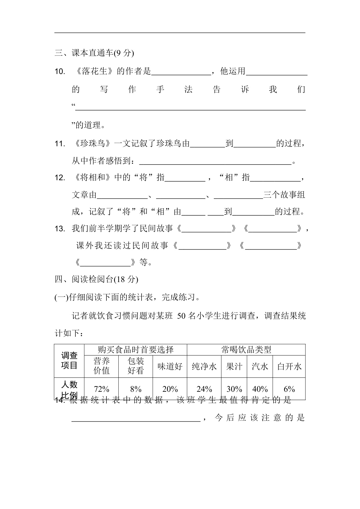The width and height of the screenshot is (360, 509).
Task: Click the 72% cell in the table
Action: (x=102, y=389)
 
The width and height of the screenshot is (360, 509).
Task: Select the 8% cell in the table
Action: (x=136, y=389)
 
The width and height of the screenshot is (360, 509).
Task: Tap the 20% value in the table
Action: (x=170, y=389)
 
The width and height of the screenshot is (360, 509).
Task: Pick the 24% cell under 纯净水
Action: (x=204, y=389)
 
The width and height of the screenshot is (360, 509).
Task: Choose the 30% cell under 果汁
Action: (x=234, y=389)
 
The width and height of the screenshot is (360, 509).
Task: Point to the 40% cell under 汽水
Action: (x=260, y=389)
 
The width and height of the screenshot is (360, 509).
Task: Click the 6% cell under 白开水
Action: (x=289, y=389)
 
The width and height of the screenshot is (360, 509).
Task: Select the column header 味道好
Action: (x=170, y=367)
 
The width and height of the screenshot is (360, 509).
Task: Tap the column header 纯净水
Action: (x=204, y=367)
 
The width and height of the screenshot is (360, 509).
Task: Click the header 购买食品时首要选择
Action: (x=136, y=350)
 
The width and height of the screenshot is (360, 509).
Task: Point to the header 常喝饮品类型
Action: (x=246, y=350)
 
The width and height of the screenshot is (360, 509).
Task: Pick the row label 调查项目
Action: (x=69, y=360)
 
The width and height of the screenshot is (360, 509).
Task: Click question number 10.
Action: (x=60, y=72)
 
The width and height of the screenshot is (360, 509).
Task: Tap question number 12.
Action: (x=60, y=178)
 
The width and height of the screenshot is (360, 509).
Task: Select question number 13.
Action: (x=60, y=229)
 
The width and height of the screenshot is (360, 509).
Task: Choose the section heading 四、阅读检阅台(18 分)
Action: (x=96, y=279)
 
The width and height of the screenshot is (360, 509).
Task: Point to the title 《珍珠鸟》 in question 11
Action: (x=93, y=143)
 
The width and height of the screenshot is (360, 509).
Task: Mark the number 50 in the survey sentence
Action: (x=181, y=316)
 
